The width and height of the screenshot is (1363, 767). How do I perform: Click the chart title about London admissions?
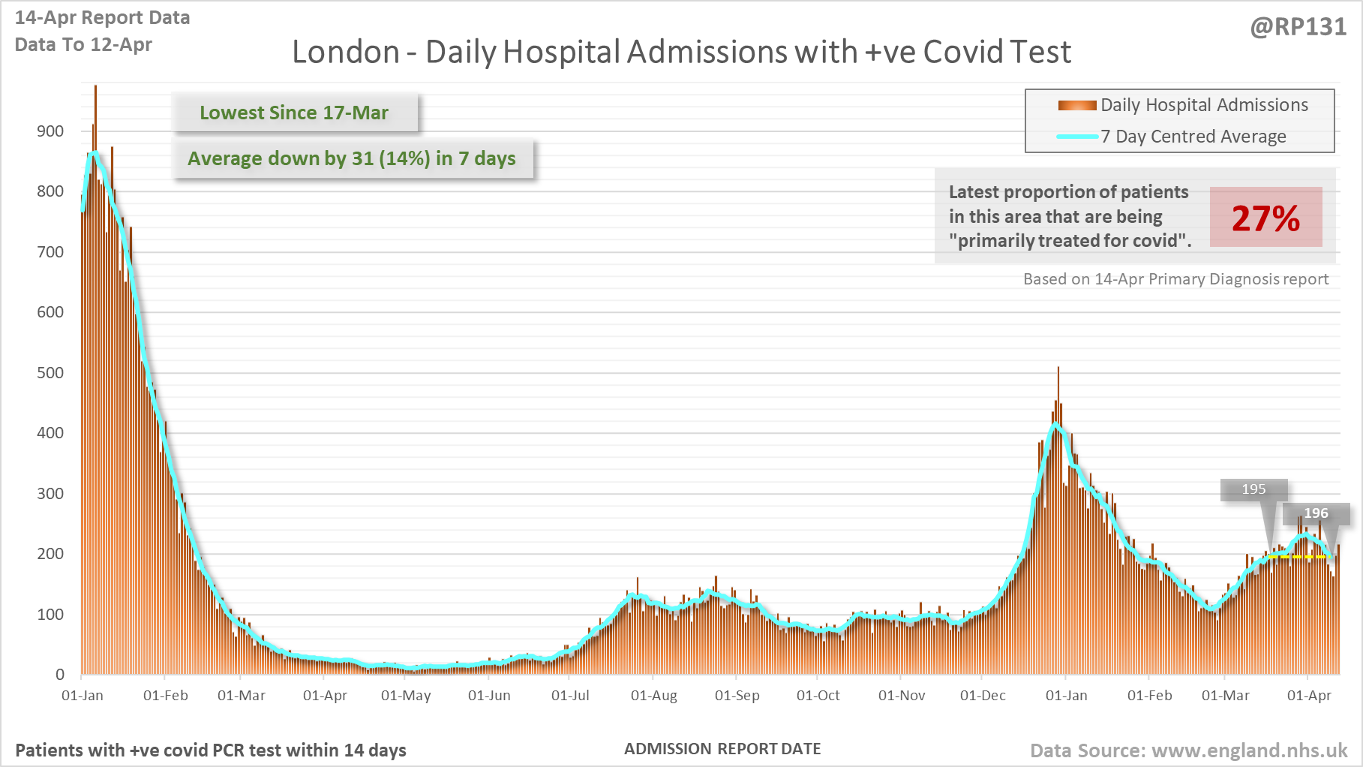681,53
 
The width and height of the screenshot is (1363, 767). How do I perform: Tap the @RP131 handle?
1298,27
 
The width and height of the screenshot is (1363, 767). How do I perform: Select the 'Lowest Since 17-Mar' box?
294,113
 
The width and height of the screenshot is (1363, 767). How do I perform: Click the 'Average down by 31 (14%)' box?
352,158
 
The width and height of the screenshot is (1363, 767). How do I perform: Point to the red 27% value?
1265,218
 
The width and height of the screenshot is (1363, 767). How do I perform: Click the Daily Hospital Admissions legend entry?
1203,105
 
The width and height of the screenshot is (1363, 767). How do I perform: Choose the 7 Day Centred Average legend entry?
1193,137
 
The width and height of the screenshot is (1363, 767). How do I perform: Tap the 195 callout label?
1253,489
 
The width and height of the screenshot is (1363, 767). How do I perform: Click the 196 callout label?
1316,513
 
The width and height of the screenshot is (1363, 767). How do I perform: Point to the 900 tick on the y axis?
50,131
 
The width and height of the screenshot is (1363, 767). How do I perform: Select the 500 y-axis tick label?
50,373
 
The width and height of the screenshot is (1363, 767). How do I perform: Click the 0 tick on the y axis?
60,675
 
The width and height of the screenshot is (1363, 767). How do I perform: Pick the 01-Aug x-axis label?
653,696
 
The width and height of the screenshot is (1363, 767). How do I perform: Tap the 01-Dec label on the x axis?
983,696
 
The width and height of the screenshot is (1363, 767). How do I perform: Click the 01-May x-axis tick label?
406,696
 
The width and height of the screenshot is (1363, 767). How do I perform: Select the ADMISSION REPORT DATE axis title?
722,749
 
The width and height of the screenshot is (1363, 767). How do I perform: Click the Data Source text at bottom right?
1188,750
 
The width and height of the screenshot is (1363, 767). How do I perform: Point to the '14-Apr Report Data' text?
102,18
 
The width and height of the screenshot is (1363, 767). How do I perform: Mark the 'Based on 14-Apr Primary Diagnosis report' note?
1175,279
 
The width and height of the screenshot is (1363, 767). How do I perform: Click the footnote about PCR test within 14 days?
211,750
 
